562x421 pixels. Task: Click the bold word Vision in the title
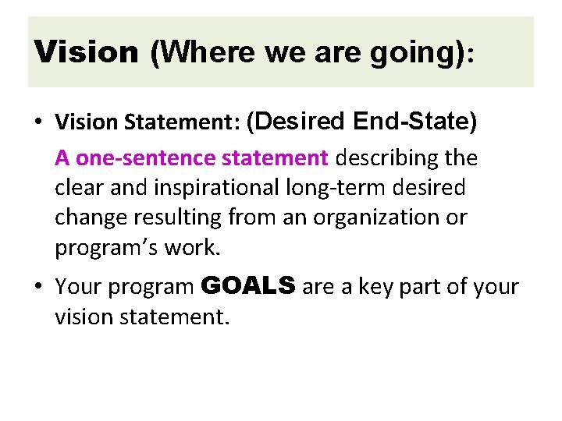coord(87,52)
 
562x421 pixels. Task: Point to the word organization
coord(375,218)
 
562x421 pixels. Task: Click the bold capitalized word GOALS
coord(248,286)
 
